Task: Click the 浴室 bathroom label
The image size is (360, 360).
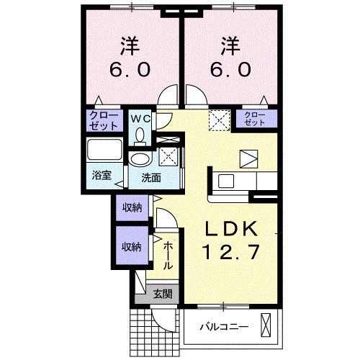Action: pos(101,175)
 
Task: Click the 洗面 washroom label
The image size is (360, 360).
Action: pos(150,176)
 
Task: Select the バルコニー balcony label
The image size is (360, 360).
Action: pos(223,326)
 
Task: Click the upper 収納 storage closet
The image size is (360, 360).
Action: pos(131,208)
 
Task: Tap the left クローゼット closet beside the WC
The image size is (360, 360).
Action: pos(104,120)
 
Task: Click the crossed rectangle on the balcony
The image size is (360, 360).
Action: pos(267,325)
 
